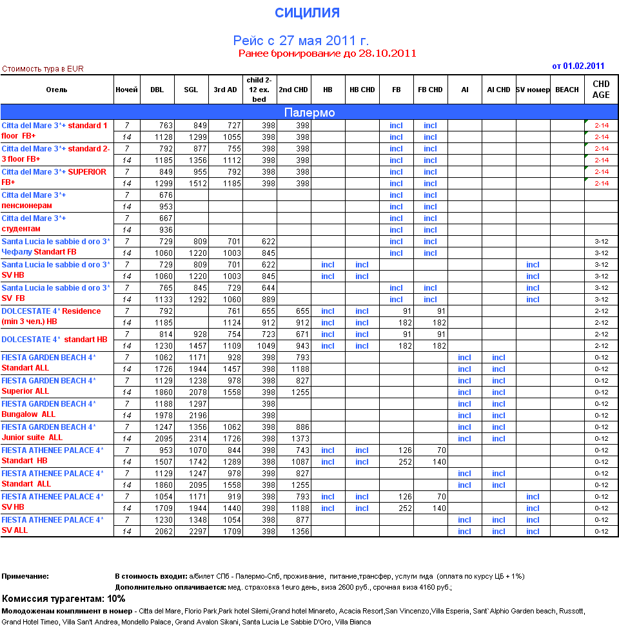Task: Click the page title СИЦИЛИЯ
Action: click(x=307, y=13)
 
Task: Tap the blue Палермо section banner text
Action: click(x=309, y=113)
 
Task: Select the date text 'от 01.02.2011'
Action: click(x=578, y=66)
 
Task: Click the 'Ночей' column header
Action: click(x=126, y=90)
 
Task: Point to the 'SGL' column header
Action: click(x=191, y=90)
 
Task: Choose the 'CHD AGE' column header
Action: click(x=601, y=90)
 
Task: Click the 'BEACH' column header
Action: click(x=567, y=90)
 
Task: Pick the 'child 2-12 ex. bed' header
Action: click(x=259, y=90)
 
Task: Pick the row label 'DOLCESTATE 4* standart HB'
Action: click(x=54, y=340)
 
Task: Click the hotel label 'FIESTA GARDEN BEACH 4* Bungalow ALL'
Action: click(x=49, y=409)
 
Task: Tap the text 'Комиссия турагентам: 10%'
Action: click(x=64, y=599)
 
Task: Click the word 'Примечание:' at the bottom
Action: click(x=25, y=576)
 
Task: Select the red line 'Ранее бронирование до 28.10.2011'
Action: click(x=327, y=53)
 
